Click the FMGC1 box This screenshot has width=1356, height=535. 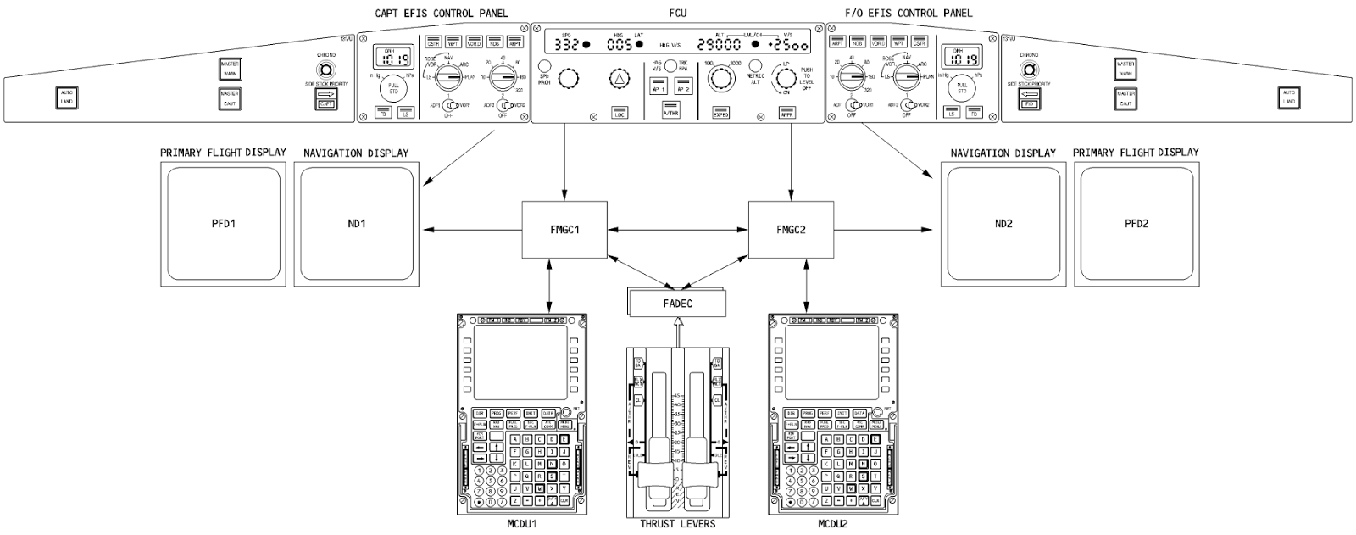(564, 230)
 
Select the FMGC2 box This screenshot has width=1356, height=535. (792, 230)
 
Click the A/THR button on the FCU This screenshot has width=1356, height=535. (670, 113)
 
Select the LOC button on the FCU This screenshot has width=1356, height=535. (619, 113)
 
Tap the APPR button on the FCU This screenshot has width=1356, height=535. (787, 113)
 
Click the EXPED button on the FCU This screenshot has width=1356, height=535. (721, 113)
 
